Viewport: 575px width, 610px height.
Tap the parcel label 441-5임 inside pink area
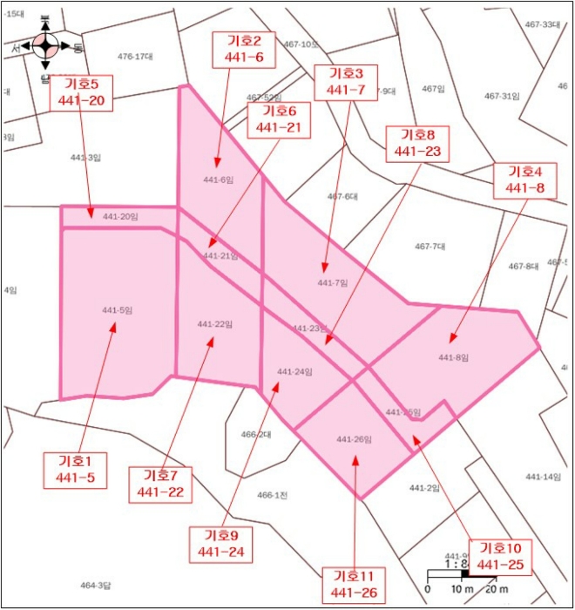click(x=117, y=310)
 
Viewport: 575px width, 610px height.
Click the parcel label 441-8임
click(x=453, y=357)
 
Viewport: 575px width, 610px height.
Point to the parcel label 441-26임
click(x=354, y=439)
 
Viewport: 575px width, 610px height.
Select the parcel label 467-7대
click(x=430, y=247)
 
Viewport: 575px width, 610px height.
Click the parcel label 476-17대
click(x=136, y=57)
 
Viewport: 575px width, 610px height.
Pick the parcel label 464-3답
click(x=96, y=585)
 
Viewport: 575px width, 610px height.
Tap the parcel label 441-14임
click(x=543, y=477)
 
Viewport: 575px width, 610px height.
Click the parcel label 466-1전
click(x=272, y=495)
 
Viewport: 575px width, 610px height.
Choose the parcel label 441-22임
click(x=214, y=324)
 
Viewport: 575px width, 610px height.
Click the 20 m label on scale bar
click(x=497, y=590)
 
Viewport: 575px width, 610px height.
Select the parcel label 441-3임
click(x=85, y=158)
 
